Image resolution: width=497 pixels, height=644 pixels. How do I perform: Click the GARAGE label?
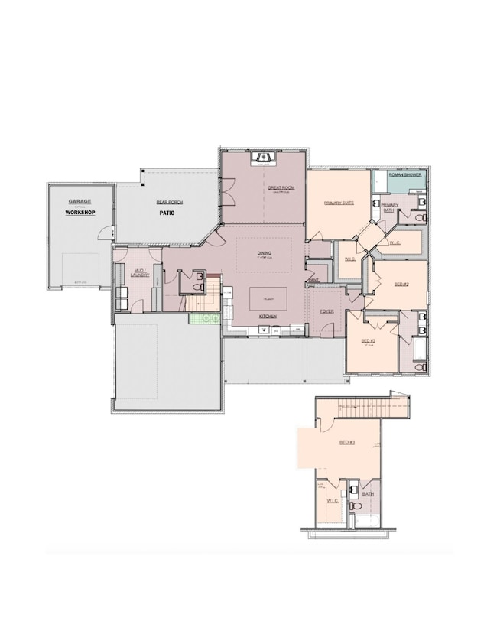[80, 202]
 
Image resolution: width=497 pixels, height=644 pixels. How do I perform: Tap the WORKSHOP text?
[80, 212]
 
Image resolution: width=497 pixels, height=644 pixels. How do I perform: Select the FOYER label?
[326, 311]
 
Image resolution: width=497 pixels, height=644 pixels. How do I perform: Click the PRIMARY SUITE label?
[338, 203]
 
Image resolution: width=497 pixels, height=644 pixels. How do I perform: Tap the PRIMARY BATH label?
[390, 207]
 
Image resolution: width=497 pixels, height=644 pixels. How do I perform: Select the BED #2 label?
[401, 284]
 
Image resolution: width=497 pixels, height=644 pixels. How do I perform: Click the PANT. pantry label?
[313, 280]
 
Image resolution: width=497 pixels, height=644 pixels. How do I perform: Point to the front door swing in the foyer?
[327, 329]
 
